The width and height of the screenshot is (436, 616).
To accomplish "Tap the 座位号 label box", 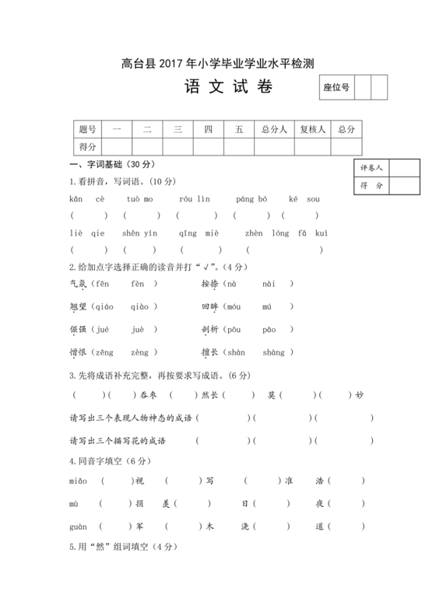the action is pos(336,88).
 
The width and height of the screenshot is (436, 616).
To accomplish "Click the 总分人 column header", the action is pos(275,129).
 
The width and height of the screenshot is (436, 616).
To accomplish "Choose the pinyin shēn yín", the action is pos(140,233).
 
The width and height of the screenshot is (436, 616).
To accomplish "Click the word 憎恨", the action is pos(78,352).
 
